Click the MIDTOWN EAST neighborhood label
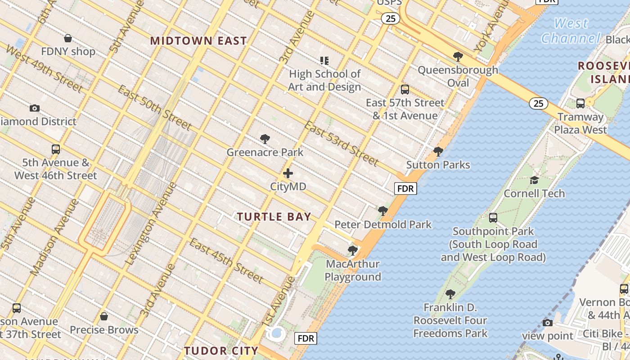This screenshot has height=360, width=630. pyautogui.click(x=198, y=40)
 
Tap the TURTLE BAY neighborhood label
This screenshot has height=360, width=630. pyautogui.click(x=274, y=216)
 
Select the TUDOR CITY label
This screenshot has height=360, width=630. pyautogui.click(x=221, y=351)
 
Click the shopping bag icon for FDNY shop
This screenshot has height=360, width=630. pyautogui.click(x=68, y=38)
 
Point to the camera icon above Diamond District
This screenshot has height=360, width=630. pyautogui.click(x=35, y=108)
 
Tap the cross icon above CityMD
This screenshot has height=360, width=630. pyautogui.click(x=288, y=173)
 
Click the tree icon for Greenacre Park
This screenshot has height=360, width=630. pyautogui.click(x=265, y=139)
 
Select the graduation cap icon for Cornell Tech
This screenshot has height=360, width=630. pyautogui.click(x=534, y=180)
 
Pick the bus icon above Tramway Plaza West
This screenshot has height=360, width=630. pyautogui.click(x=580, y=103)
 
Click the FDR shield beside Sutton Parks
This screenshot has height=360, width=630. pyautogui.click(x=405, y=189)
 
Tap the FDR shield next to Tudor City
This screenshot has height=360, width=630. pyautogui.click(x=306, y=338)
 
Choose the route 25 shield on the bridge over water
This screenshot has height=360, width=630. pyautogui.click(x=538, y=103)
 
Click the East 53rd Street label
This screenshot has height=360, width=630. pyautogui.click(x=341, y=143)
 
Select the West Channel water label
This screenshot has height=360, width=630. pyautogui.click(x=571, y=31)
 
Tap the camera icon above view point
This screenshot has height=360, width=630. pyautogui.click(x=548, y=323)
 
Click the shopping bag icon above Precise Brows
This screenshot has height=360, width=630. pyautogui.click(x=104, y=316)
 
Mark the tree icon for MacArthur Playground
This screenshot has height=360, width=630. pyautogui.click(x=353, y=250)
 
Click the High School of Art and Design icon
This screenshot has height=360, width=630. pyautogui.click(x=324, y=60)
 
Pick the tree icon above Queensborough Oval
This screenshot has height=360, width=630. pyautogui.click(x=458, y=57)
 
